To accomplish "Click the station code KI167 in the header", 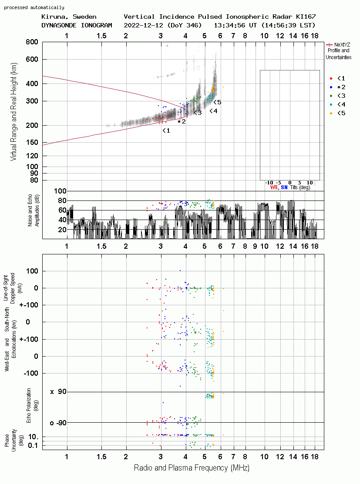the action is tap(306, 17).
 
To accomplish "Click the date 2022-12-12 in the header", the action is tap(143, 25).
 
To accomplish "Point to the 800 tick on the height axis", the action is tap(32, 42).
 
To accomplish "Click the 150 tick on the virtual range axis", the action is tap(32, 142).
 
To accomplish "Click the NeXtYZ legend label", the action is tap(342, 45).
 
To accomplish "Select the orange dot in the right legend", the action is tap(331, 113).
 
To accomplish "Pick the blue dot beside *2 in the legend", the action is tap(331, 87).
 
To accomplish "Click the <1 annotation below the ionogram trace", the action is tap(166, 130).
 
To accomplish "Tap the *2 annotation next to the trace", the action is tap(182, 122).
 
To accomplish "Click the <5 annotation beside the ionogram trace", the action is tap(218, 102).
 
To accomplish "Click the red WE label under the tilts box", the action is tap(274, 187).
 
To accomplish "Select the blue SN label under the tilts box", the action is tap(284, 187).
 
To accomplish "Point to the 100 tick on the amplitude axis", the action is tap(60, 191).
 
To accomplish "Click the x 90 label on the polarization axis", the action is tap(58, 392).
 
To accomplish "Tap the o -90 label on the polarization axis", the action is tap(58, 423).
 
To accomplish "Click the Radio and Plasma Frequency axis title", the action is tap(192, 468).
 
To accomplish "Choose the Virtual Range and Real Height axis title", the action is tap(13, 112).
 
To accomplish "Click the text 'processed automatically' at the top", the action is tap(34, 7).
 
